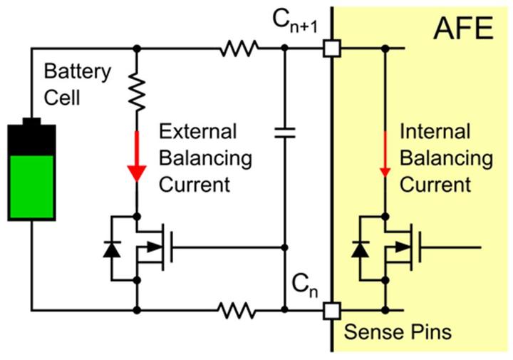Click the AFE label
click(463, 28)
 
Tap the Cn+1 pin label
click(295, 22)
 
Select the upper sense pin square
click(332, 48)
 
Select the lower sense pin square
click(332, 311)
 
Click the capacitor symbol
click(284, 133)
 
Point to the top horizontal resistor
click(239, 48)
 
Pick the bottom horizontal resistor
click(237, 310)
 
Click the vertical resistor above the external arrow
click(137, 92)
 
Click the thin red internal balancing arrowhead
click(385, 173)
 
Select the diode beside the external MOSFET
click(112, 250)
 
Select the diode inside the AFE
click(361, 250)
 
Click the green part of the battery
click(32, 187)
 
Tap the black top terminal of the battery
click(32, 122)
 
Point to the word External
click(197, 132)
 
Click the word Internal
click(435, 132)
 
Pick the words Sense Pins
click(398, 332)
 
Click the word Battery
click(78, 72)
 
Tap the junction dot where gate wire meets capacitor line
click(284, 247)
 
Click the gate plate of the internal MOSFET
click(420, 247)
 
